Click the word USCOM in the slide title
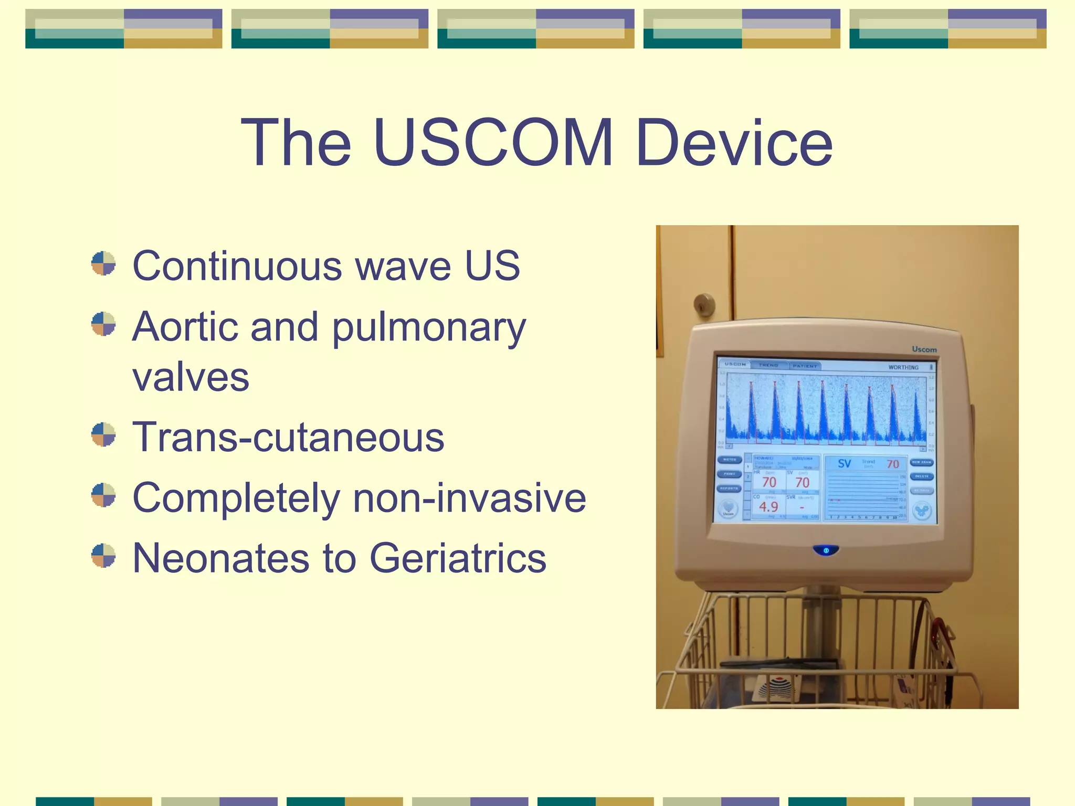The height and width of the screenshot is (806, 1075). pyautogui.click(x=493, y=143)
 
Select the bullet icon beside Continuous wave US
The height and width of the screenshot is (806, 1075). pyautogui.click(x=103, y=263)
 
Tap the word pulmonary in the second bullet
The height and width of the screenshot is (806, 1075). pyautogui.click(x=429, y=327)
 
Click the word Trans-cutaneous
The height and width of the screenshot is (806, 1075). pyautogui.click(x=288, y=437)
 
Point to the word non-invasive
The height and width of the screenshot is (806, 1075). pyautogui.click(x=469, y=497)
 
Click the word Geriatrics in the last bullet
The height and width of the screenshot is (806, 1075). pyautogui.click(x=458, y=558)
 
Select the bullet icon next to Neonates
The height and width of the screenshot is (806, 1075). pyautogui.click(x=103, y=555)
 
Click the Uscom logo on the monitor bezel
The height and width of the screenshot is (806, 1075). pyautogui.click(x=924, y=349)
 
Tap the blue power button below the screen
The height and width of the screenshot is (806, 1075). pyautogui.click(x=826, y=550)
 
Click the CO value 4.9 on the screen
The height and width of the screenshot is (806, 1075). pyautogui.click(x=768, y=507)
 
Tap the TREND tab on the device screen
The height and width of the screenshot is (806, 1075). pyautogui.click(x=768, y=365)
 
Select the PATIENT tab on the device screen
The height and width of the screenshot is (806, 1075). pyautogui.click(x=805, y=366)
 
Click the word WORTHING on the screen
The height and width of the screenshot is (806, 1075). pyautogui.click(x=903, y=367)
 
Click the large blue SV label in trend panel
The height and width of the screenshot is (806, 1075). pyautogui.click(x=844, y=464)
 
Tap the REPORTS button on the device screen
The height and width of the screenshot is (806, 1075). pyautogui.click(x=729, y=489)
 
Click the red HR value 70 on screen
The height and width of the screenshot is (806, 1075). pyautogui.click(x=769, y=482)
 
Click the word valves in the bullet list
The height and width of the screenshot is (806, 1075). pyautogui.click(x=191, y=377)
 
